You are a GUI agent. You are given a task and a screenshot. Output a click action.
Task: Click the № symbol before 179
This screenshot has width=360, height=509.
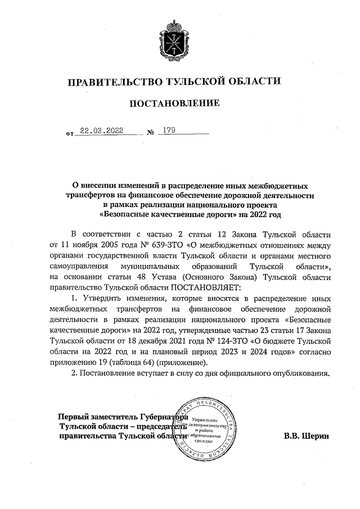[150, 133]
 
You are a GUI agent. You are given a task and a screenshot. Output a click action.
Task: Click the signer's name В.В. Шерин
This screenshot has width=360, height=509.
[306, 436]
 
